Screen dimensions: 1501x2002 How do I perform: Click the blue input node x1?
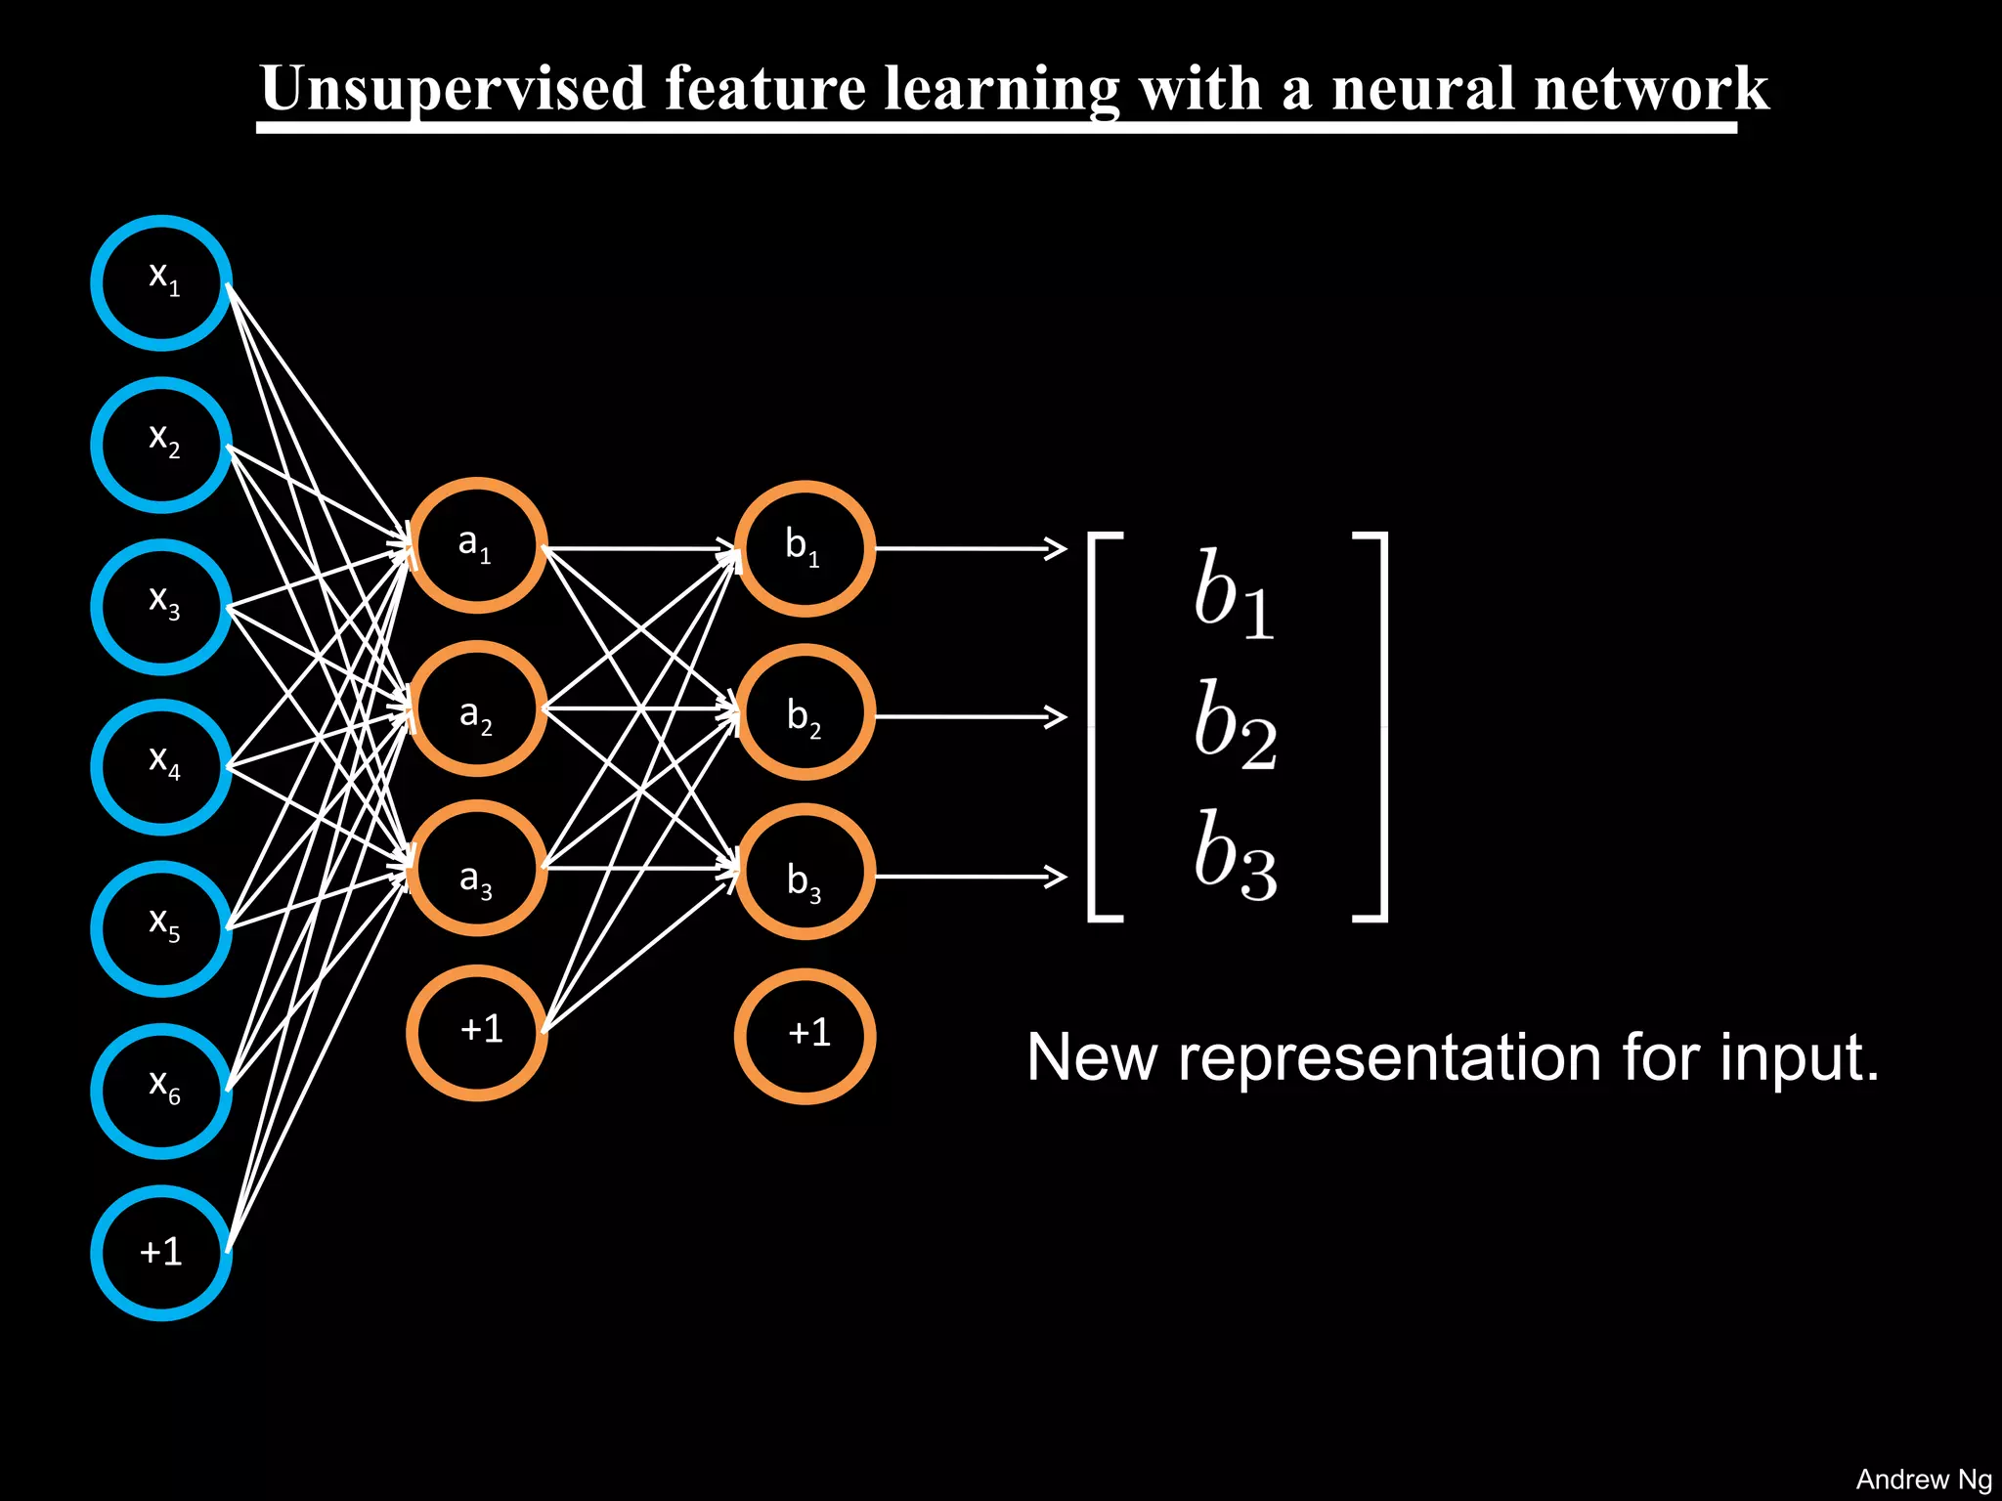pyautogui.click(x=161, y=282)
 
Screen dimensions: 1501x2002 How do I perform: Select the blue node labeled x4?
pyautogui.click(x=161, y=766)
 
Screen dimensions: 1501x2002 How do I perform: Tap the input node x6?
pyautogui.click(x=161, y=1091)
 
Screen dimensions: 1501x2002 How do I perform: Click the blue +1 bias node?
pyautogui.click(x=161, y=1253)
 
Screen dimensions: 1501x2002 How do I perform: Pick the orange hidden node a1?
pyautogui.click(x=476, y=546)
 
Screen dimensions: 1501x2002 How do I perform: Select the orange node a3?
pyautogui.click(x=476, y=869)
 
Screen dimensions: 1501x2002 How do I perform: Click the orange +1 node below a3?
pyautogui.click(x=476, y=1033)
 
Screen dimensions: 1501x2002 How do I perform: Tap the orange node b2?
pyautogui.click(x=805, y=711)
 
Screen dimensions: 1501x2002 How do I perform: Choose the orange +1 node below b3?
pyautogui.click(x=805, y=1036)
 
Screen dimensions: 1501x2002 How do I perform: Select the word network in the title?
pyautogui.click(x=1651, y=90)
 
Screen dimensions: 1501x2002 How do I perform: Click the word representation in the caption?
pyautogui.click(x=1389, y=1058)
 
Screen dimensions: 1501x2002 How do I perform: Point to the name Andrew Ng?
pyautogui.click(x=1923, y=1480)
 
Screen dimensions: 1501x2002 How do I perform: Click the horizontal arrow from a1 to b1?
pyautogui.click(x=640, y=548)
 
